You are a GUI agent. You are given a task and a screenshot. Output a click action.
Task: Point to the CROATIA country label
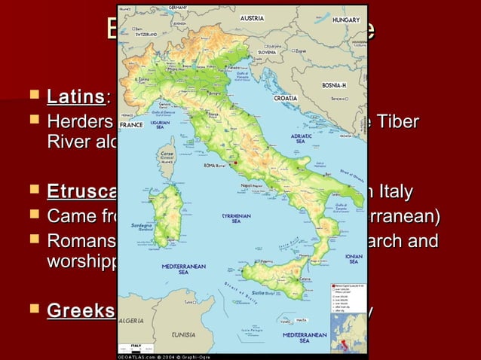click(x=286, y=99)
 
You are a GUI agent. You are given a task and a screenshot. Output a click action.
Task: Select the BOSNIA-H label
click(x=332, y=85)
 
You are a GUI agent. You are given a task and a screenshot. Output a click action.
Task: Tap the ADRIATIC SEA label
click(x=300, y=138)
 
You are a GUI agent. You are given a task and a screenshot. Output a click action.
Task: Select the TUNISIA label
click(x=185, y=334)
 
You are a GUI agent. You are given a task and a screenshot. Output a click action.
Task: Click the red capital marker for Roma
click(x=236, y=162)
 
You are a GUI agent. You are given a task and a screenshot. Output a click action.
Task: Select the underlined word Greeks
click(x=81, y=311)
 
